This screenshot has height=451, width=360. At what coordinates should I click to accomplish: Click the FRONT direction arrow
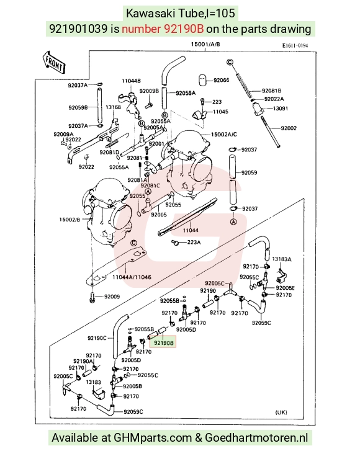point(53,61)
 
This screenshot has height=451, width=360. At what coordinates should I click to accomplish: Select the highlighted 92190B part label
point(164,342)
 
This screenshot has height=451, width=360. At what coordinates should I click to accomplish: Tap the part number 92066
point(222,80)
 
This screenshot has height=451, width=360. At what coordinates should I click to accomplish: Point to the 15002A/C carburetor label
point(224,135)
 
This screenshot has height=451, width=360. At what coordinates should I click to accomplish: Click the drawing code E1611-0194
point(295,45)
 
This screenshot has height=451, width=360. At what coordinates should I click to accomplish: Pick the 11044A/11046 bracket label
point(132,277)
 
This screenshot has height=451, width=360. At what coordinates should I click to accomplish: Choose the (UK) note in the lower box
point(281,412)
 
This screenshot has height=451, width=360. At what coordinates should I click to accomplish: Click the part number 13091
point(281,109)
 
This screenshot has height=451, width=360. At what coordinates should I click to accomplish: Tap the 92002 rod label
point(289,128)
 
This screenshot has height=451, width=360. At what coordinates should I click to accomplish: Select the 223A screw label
point(194,243)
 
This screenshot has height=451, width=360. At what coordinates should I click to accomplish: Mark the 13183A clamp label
point(281,259)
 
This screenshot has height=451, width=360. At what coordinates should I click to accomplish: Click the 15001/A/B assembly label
point(205,44)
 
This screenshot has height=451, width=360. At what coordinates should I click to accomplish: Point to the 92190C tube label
point(97,338)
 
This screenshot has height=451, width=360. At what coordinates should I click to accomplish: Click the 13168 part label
point(113,107)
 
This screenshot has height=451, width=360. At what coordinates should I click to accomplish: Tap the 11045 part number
point(220,112)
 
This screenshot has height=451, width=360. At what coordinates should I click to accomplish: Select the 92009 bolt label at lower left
point(112,297)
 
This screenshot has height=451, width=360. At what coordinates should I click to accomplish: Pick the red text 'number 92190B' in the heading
point(163,29)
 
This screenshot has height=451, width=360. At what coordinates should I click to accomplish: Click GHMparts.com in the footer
point(153,438)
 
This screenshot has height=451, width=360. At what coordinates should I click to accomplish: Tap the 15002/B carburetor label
point(70,220)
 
